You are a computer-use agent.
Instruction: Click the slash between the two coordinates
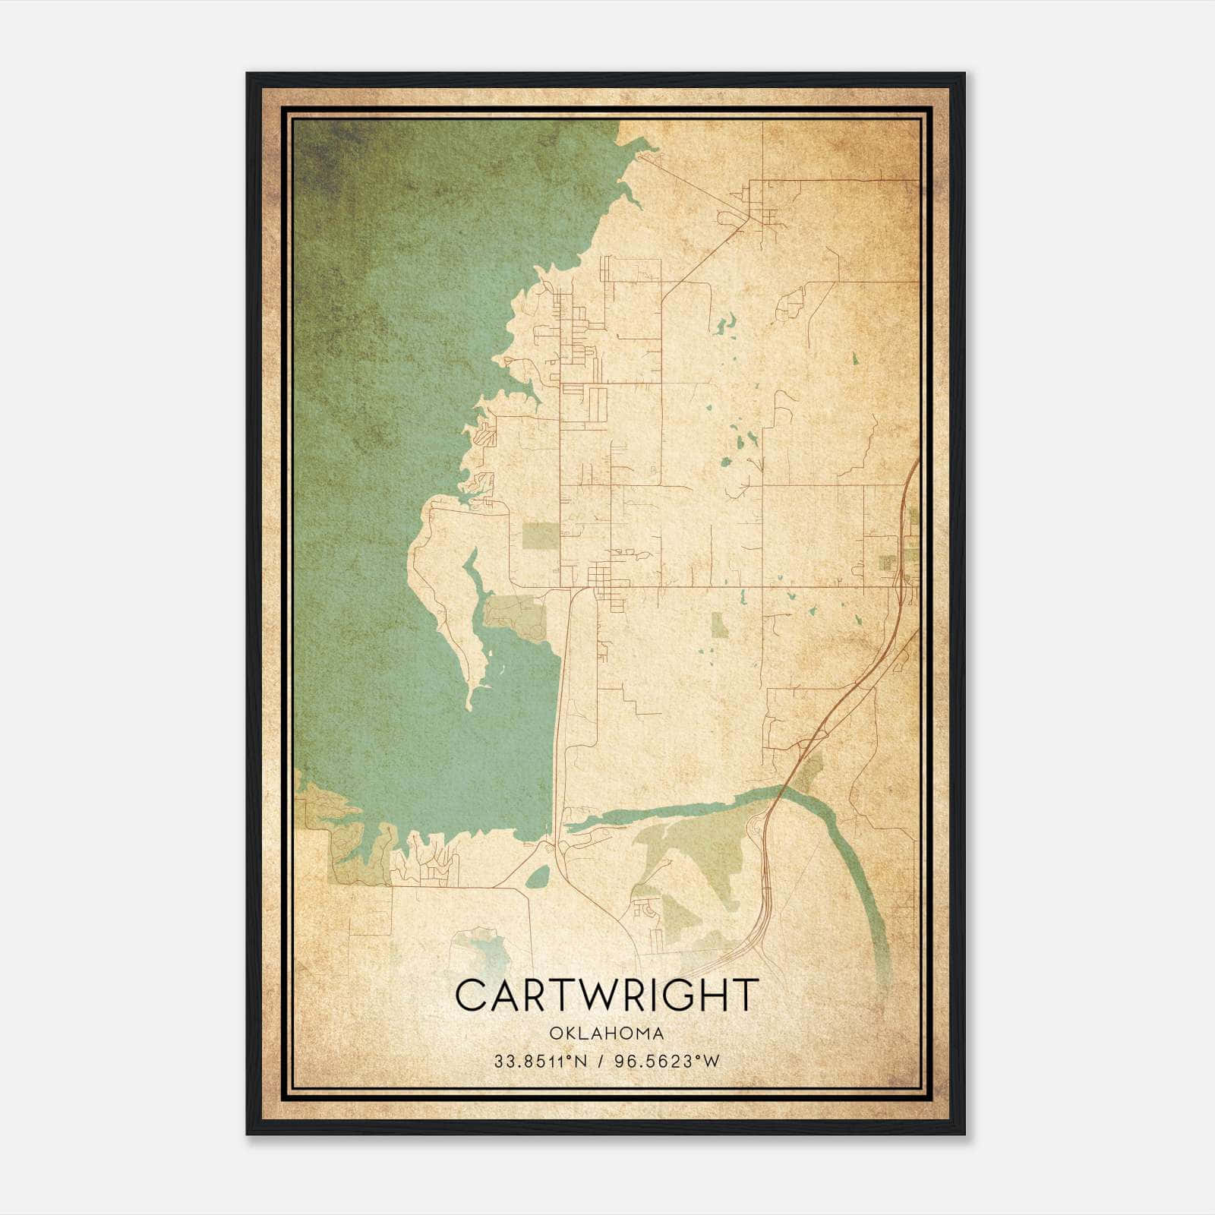601,1062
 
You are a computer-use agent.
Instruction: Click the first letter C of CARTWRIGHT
472,995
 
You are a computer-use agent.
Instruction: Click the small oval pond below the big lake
538,878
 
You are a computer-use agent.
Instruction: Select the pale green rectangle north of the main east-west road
540,535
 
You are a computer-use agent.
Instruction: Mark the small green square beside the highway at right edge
886,563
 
